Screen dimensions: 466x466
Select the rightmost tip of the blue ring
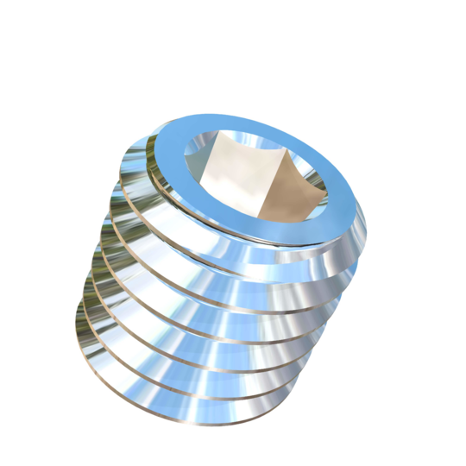(x=368, y=216)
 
